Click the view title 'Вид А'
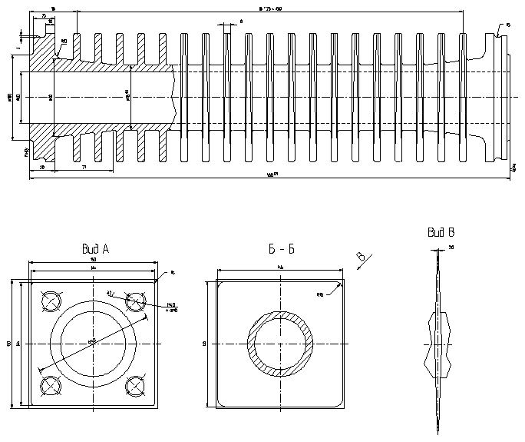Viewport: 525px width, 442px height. pyautogui.click(x=96, y=249)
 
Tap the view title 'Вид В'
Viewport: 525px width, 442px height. pyautogui.click(x=441, y=232)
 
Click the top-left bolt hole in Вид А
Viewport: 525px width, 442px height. pyautogui.click(x=51, y=301)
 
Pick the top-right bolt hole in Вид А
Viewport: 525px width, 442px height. pyautogui.click(x=136, y=301)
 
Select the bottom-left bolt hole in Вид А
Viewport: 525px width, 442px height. pyautogui.click(x=51, y=384)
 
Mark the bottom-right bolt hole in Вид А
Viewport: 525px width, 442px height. pyautogui.click(x=136, y=384)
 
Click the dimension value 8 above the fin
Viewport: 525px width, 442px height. pyautogui.click(x=241, y=22)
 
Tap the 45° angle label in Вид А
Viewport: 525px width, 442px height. pyautogui.click(x=111, y=293)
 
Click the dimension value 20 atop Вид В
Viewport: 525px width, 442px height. pyautogui.click(x=451, y=248)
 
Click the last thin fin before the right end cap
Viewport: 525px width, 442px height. pyautogui.click(x=463, y=96)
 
